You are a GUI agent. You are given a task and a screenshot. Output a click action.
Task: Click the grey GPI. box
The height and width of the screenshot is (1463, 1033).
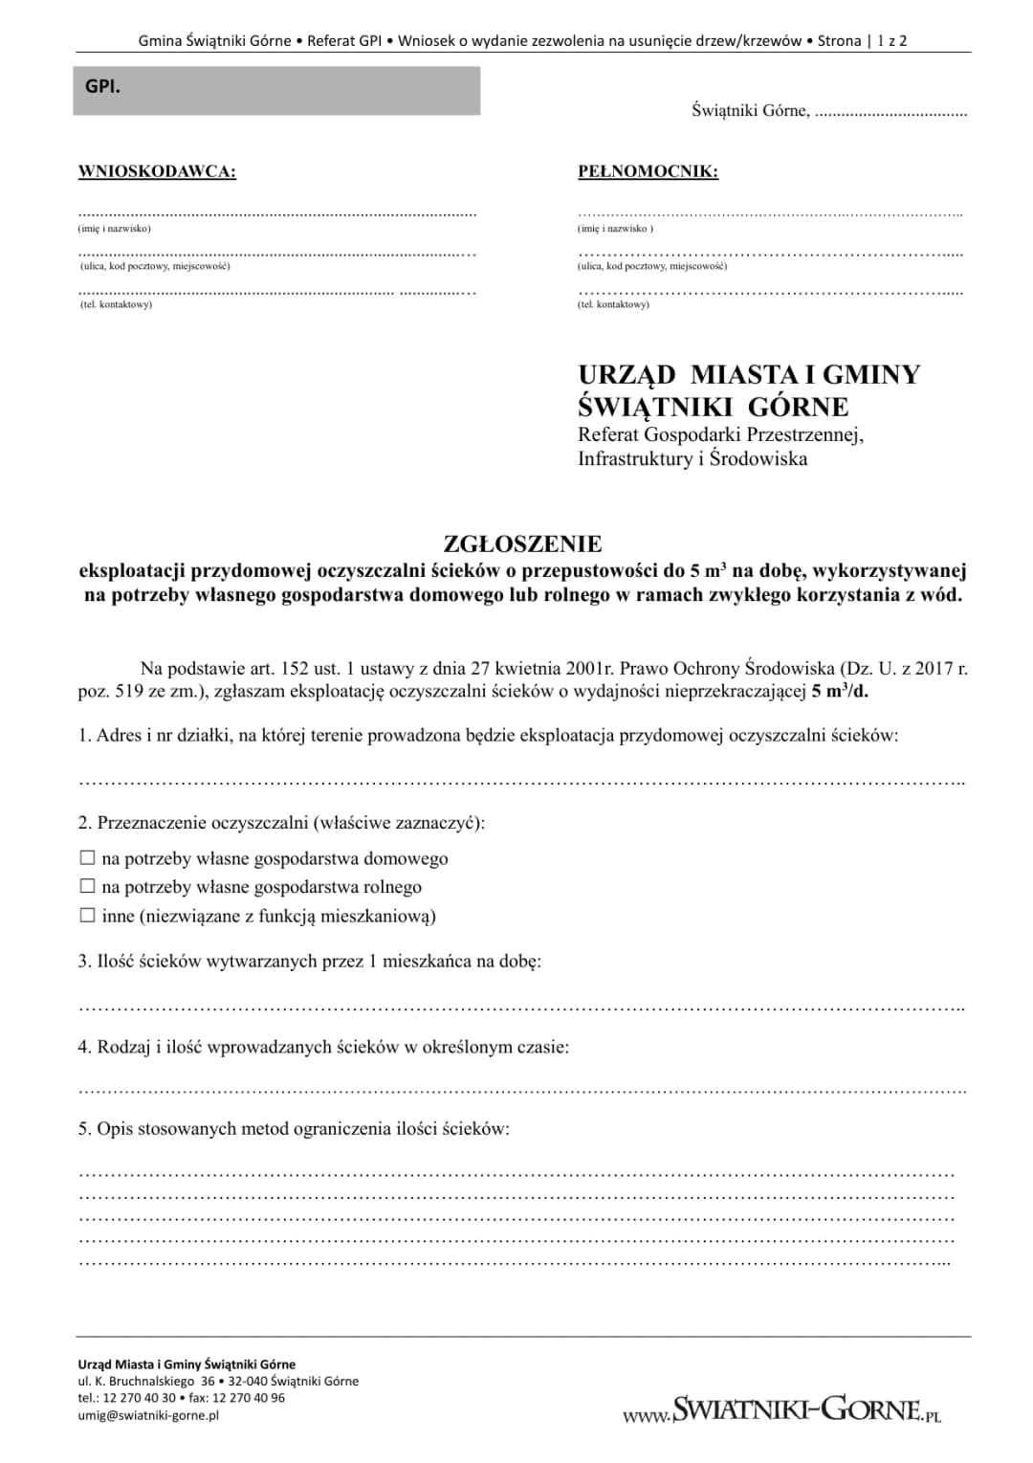276,91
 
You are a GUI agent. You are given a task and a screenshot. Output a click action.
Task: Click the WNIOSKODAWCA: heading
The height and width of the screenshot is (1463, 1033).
157,172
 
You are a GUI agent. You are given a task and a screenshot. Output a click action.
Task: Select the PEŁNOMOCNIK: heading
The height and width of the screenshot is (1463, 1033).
648,172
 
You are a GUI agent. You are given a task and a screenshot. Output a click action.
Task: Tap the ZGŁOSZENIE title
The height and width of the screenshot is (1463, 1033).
522,544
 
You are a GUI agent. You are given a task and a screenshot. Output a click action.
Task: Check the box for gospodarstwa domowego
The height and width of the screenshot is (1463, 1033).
87,858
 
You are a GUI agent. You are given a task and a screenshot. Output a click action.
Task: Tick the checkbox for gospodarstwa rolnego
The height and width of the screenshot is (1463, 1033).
87,887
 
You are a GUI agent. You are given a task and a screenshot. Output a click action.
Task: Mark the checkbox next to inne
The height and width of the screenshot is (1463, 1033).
87,916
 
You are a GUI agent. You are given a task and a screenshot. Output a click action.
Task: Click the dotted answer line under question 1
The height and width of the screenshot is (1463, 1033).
521,782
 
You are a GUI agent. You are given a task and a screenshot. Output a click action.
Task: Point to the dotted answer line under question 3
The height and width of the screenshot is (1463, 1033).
521,1008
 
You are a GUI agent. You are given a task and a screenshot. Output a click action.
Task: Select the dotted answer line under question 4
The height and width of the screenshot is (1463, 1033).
521,1090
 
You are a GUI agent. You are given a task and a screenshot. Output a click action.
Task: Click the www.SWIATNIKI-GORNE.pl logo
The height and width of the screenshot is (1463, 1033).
781,1409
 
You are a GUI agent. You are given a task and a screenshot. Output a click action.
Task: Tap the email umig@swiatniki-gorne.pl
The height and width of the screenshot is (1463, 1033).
148,1415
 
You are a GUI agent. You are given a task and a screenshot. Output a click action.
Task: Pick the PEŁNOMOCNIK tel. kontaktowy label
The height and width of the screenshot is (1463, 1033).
613,304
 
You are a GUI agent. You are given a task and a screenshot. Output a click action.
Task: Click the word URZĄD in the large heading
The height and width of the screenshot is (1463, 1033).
626,374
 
